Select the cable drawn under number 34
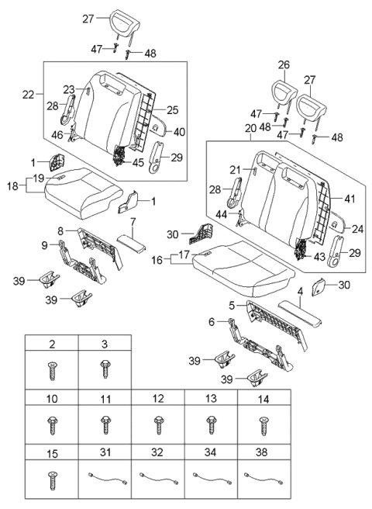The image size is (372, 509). point(209,478)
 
